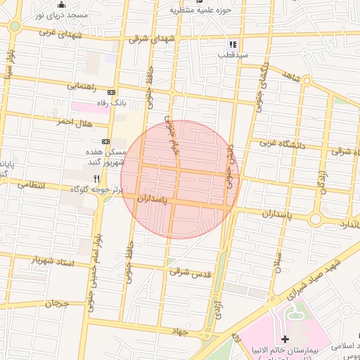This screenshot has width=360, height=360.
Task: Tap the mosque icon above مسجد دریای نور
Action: [61, 5]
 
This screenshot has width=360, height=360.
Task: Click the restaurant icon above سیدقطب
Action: [233, 45]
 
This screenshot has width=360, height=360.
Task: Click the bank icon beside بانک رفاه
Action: [111, 93]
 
